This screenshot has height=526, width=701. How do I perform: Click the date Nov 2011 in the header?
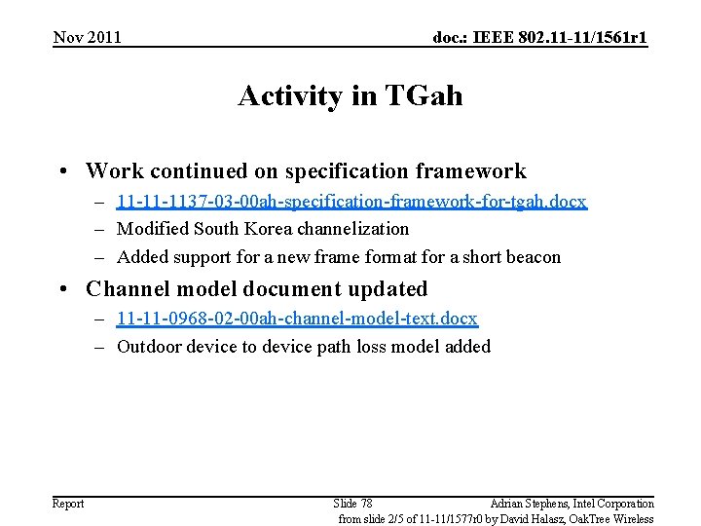(88, 38)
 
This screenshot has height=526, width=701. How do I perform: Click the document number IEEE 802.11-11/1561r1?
(539, 38)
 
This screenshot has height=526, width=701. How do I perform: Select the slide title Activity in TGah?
(350, 96)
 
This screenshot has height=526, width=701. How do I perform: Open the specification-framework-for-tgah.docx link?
(351, 202)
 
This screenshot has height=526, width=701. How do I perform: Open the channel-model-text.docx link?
(297, 319)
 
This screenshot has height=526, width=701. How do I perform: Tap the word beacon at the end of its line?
(534, 257)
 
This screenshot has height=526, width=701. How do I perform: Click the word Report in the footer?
(68, 504)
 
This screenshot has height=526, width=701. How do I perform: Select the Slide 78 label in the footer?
(352, 504)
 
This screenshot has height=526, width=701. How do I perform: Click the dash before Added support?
(101, 257)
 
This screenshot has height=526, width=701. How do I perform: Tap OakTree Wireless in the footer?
(618, 519)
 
